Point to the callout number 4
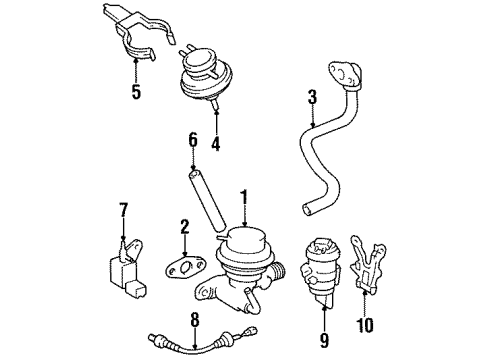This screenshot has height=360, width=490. pyautogui.click(x=214, y=144)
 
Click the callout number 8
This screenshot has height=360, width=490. pyautogui.click(x=195, y=320)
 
